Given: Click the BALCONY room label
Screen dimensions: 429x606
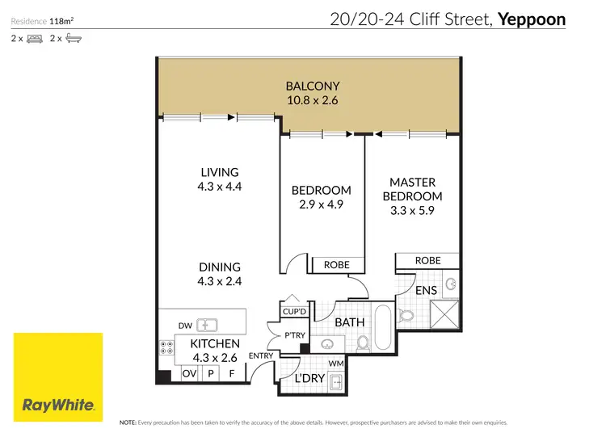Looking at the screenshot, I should tap(312, 86).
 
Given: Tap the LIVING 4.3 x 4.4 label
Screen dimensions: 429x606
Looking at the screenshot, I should tap(220, 172).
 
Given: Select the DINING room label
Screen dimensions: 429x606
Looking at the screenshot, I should tap(220, 267).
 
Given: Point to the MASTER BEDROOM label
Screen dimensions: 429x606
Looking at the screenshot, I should tap(412, 189).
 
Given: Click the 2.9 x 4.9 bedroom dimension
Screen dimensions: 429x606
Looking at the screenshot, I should tap(321, 204).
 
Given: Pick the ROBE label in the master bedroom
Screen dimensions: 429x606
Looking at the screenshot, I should tap(427, 261).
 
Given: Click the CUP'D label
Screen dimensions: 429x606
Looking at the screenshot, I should tap(294, 311).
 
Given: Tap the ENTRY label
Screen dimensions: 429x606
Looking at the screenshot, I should tap(261, 355).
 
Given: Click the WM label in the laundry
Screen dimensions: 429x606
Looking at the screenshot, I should tap(335, 363).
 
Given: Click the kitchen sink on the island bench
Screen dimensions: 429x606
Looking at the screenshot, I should tap(208, 325).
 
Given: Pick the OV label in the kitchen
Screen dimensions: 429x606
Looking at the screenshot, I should tap(188, 374).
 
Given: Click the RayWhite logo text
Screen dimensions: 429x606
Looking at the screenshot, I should tap(57, 405).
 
